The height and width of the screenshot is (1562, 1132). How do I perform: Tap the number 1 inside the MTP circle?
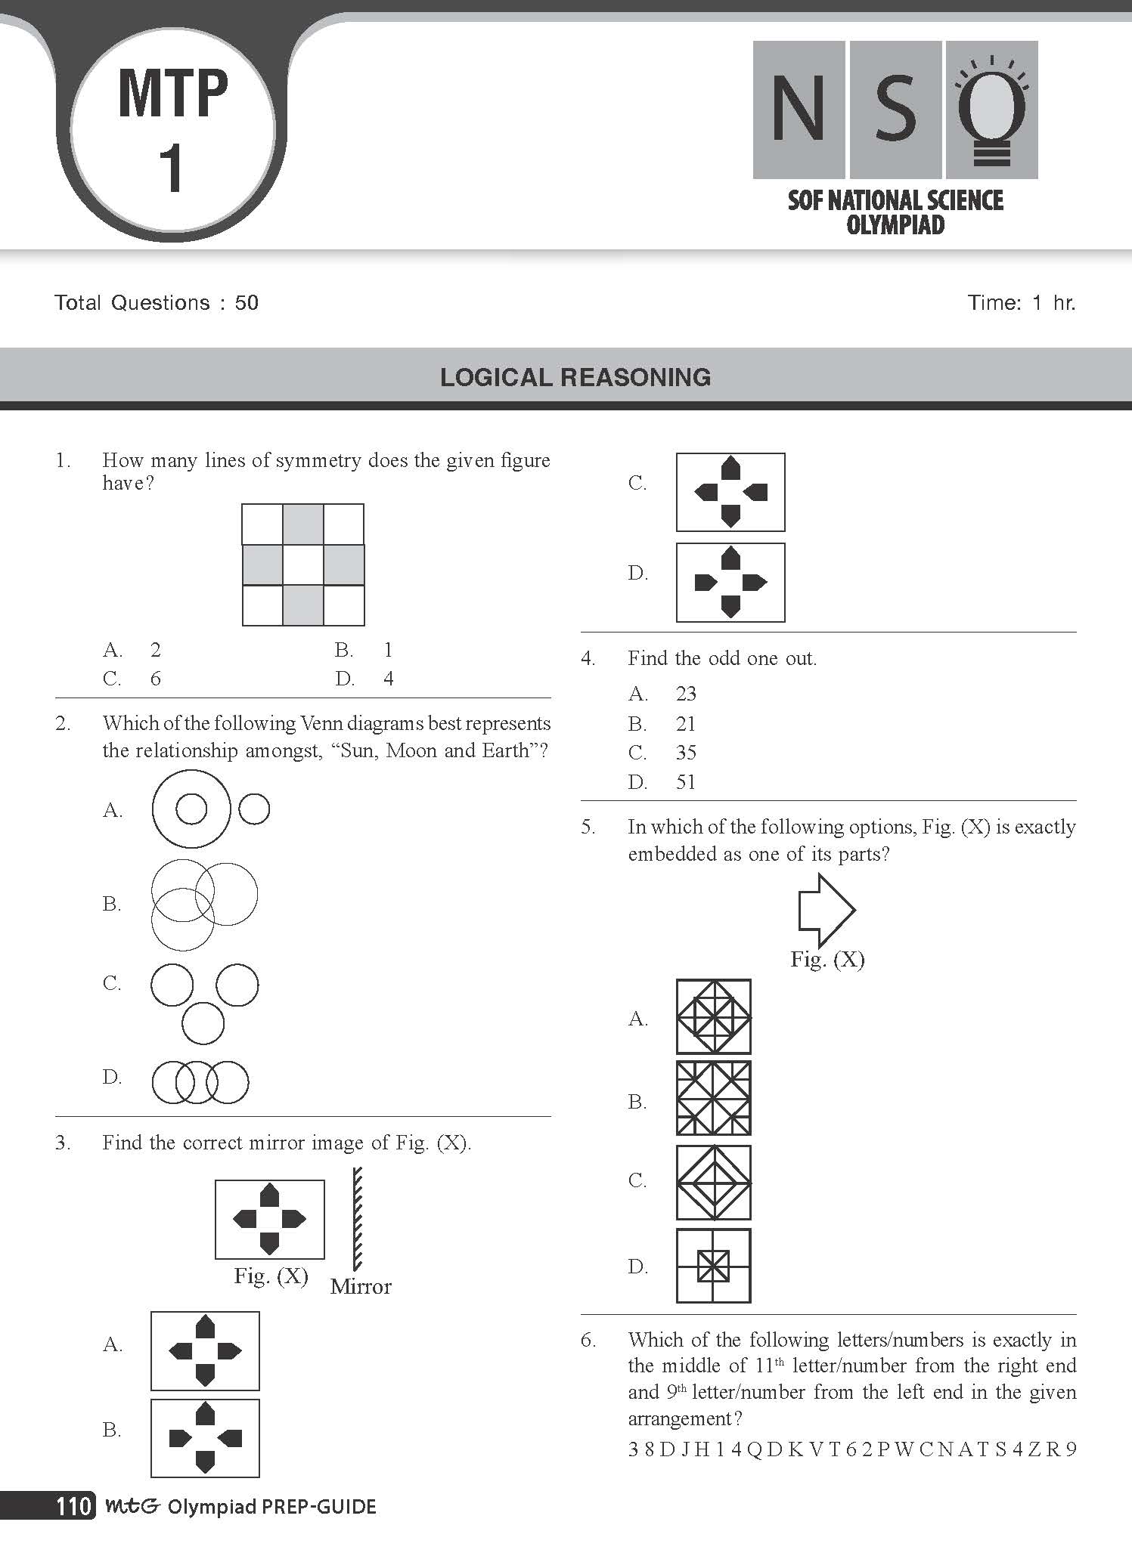pyautogui.click(x=172, y=169)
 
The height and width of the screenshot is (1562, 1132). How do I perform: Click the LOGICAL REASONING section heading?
pyautogui.click(x=575, y=377)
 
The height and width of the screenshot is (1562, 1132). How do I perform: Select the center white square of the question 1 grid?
pyautogui.click(x=303, y=564)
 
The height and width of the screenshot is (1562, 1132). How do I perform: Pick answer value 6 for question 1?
pyautogui.click(x=156, y=679)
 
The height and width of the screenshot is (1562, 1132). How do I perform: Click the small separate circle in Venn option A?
pyautogui.click(x=254, y=809)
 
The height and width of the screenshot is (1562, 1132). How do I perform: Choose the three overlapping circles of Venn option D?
pyautogui.click(x=200, y=1082)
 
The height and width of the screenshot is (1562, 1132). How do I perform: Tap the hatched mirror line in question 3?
pyautogui.click(x=357, y=1219)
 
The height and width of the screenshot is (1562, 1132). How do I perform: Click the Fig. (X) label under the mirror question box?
pyautogui.click(x=271, y=1276)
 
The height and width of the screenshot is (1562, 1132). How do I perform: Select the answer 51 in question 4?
pyautogui.click(x=686, y=782)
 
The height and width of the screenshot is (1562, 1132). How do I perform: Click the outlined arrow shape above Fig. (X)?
pyautogui.click(x=826, y=910)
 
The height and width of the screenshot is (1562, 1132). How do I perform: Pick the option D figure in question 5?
pyautogui.click(x=713, y=1266)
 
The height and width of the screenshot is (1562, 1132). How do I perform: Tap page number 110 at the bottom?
pyautogui.click(x=73, y=1506)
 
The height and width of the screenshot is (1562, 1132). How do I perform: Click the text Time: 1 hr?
pyautogui.click(x=1021, y=303)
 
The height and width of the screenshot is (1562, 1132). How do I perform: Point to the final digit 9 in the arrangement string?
pyautogui.click(x=1070, y=1449)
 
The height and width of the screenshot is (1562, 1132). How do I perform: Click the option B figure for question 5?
pyautogui.click(x=713, y=1098)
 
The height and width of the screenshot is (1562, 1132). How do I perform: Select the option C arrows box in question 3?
pyautogui.click(x=730, y=492)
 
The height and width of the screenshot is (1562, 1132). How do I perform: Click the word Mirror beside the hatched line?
pyautogui.click(x=361, y=1287)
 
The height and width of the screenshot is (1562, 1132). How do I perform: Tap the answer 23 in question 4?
pyautogui.click(x=686, y=694)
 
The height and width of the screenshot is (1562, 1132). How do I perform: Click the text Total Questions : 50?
pyautogui.click(x=157, y=303)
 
